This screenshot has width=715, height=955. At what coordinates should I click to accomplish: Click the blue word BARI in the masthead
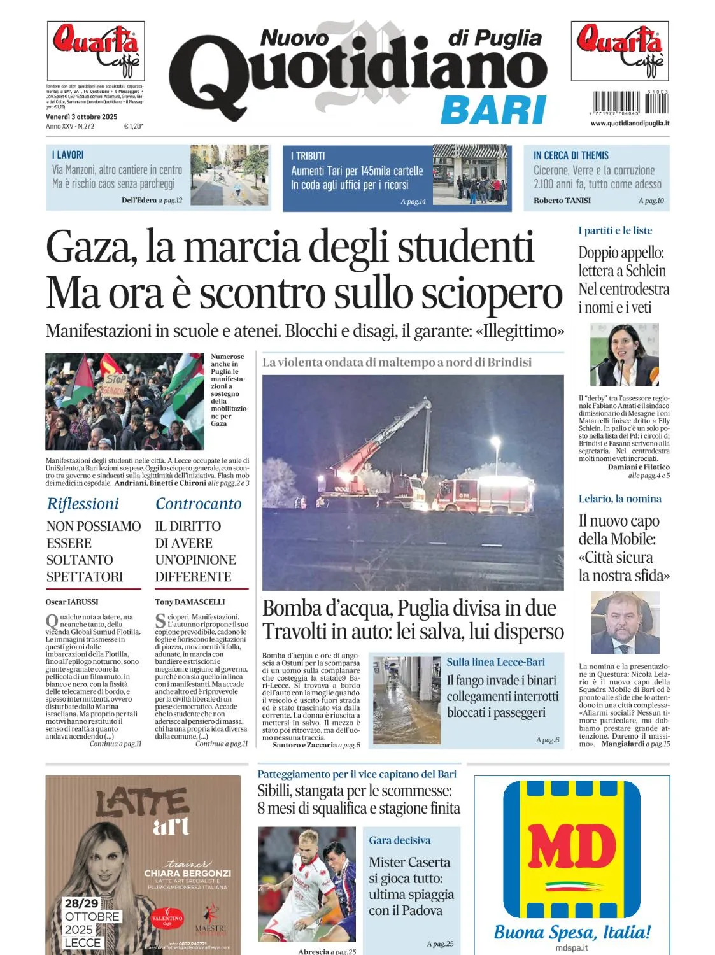pyautogui.click(x=493, y=110)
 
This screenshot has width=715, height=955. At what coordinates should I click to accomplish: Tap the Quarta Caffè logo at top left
pyautogui.click(x=96, y=50)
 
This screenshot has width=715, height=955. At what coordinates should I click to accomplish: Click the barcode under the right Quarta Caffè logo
pyautogui.click(x=630, y=103)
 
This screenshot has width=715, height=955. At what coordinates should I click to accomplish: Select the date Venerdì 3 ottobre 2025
pyautogui.click(x=81, y=117)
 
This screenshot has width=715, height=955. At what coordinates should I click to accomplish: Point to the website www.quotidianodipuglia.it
pyautogui.click(x=630, y=123)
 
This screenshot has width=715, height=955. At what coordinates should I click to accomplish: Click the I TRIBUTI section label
pyautogui.click(x=308, y=156)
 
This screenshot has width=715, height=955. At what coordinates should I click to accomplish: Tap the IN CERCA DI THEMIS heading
pyautogui.click(x=571, y=155)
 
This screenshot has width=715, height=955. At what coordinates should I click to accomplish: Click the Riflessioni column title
pyautogui.click(x=83, y=504)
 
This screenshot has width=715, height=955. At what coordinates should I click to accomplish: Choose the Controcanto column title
pyautogui.click(x=199, y=504)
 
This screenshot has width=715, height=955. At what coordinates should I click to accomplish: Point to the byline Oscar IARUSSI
pyautogui.click(x=72, y=602)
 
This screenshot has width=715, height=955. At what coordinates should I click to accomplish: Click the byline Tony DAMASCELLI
pyautogui.click(x=190, y=602)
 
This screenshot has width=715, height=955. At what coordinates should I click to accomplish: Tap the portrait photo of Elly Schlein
pyautogui.click(x=624, y=354)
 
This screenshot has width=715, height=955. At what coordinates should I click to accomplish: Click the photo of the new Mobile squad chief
pyautogui.click(x=625, y=623)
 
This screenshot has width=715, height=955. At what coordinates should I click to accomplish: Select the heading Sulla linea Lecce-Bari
pyautogui.click(x=495, y=662)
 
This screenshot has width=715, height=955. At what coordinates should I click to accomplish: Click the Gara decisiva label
pyautogui.click(x=399, y=840)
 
